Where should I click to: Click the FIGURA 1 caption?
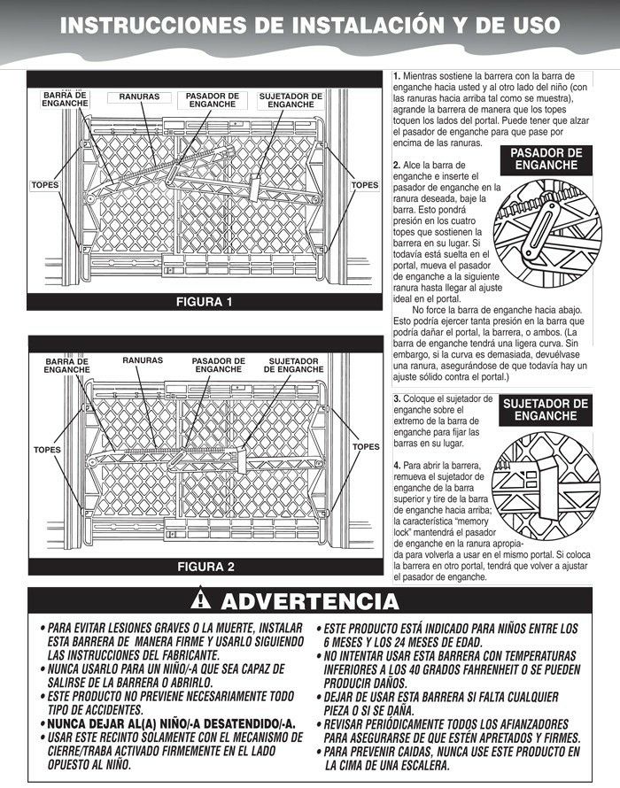pos(205,302)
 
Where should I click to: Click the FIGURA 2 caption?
pos(205,566)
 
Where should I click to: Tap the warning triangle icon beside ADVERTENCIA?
pos(205,602)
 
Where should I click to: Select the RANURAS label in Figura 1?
pos(133,95)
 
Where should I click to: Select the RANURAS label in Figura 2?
pos(143,360)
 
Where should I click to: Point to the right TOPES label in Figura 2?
pos(365,447)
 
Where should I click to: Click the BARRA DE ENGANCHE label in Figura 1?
pos(65,99)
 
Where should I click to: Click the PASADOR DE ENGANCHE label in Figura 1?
pos(212,99)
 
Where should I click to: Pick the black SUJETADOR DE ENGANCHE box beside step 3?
pos(546,409)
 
